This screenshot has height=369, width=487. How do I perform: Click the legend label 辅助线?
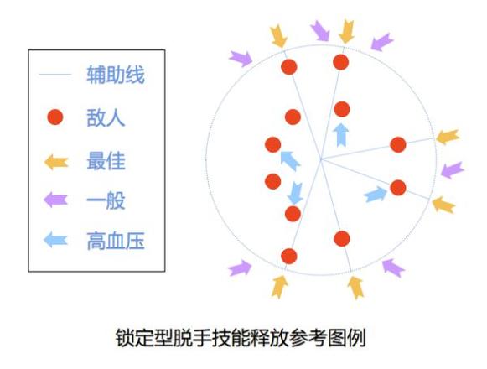[x=116, y=75]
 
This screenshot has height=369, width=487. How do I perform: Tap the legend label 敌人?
[x=106, y=117]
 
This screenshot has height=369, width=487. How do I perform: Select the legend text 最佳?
[x=106, y=161]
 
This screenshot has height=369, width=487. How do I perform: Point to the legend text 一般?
[x=106, y=200]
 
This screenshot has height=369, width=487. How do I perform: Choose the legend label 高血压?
[x=116, y=241]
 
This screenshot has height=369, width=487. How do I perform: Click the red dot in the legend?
[x=55, y=117]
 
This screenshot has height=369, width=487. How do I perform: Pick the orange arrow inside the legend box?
[x=56, y=162]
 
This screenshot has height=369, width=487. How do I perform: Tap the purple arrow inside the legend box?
[x=55, y=200]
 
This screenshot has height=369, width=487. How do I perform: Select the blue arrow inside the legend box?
[x=55, y=240]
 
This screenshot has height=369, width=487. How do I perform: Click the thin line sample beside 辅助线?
[x=55, y=75]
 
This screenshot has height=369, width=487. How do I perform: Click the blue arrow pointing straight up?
[x=340, y=135]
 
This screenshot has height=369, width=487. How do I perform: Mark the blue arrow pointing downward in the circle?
[x=295, y=193]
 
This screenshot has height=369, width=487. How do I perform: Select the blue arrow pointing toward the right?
[x=376, y=195]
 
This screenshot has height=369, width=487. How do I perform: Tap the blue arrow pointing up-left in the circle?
[x=290, y=161]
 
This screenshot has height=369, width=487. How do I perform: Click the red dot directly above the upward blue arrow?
[x=342, y=109]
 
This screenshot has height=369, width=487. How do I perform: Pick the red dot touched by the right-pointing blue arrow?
[x=398, y=188]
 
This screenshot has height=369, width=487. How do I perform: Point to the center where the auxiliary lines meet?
[x=321, y=160]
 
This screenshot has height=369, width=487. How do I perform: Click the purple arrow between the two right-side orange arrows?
[x=453, y=169]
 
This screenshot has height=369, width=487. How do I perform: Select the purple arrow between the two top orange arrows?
[x=320, y=31]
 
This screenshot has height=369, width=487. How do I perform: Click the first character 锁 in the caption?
[x=125, y=338]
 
